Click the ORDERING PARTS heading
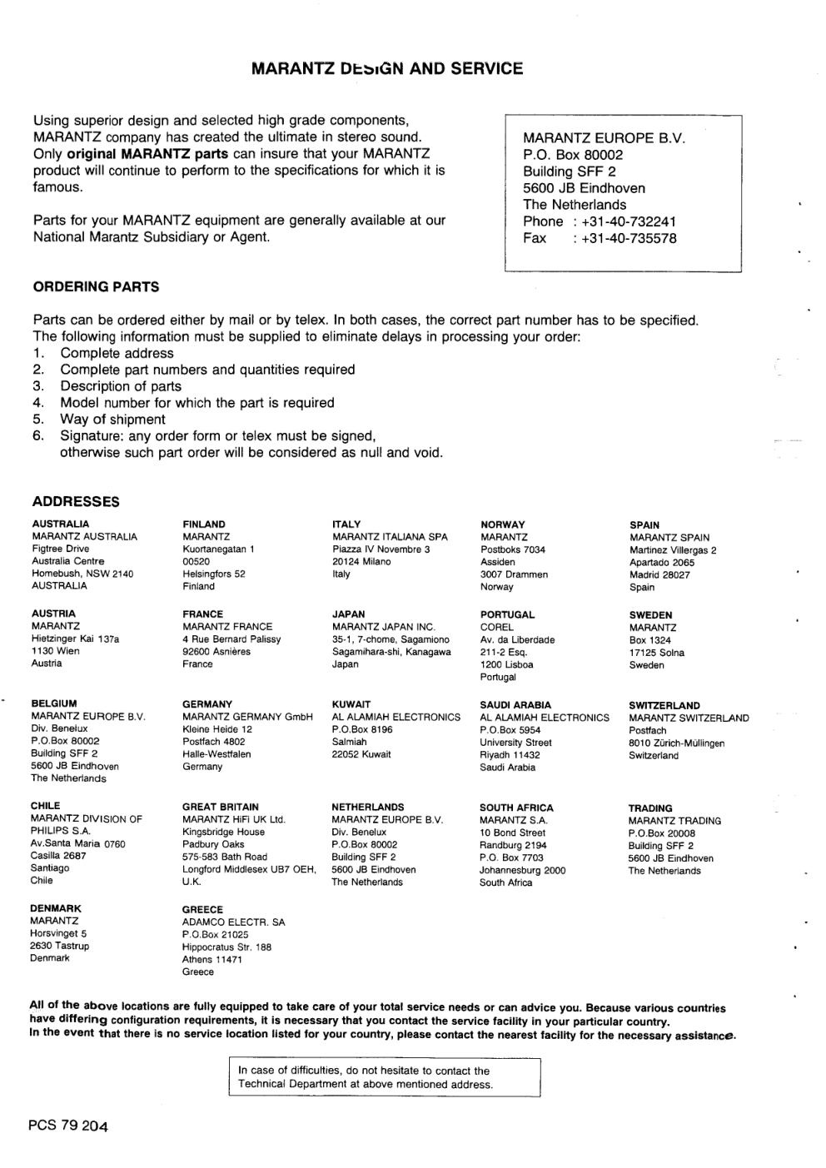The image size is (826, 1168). (x=96, y=287)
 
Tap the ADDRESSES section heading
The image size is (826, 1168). (x=76, y=502)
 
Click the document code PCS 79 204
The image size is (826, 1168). (x=67, y=1126)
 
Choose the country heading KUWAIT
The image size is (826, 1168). (x=351, y=704)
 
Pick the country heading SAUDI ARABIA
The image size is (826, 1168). (x=515, y=705)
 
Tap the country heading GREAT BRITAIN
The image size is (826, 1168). (x=221, y=807)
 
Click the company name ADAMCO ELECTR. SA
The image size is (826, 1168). (x=233, y=922)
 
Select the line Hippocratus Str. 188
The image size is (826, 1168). (x=226, y=947)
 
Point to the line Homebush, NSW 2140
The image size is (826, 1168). (x=82, y=574)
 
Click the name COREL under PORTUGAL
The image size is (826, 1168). (x=497, y=628)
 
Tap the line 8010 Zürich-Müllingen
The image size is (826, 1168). (x=676, y=743)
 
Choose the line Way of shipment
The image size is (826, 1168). (x=112, y=420)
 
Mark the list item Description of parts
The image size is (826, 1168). (x=121, y=386)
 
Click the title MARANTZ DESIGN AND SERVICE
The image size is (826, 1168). (x=387, y=69)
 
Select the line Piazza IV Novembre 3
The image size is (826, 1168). (x=381, y=549)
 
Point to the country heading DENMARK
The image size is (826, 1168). (x=56, y=908)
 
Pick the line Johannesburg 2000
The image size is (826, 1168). (x=522, y=871)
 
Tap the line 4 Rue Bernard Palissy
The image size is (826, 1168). (x=231, y=639)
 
